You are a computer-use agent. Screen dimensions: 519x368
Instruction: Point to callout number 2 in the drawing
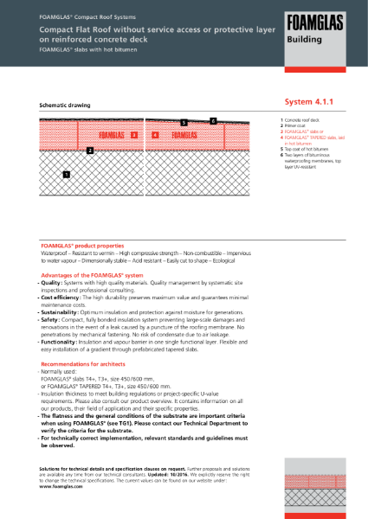tap(90, 151)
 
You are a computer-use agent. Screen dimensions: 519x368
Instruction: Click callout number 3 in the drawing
tap(134, 135)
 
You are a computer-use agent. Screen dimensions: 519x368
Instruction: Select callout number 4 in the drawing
tap(153, 135)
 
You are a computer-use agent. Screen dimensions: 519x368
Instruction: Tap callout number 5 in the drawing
tap(184, 124)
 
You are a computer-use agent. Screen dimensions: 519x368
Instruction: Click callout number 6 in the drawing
tap(212, 119)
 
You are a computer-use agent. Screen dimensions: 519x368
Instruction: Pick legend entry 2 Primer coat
tap(294, 125)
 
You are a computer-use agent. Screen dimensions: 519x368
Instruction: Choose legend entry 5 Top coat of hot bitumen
tap(303, 148)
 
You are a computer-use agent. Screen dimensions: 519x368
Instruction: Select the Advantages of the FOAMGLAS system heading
tap(94, 274)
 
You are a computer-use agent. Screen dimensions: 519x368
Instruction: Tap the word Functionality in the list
tap(59, 341)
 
